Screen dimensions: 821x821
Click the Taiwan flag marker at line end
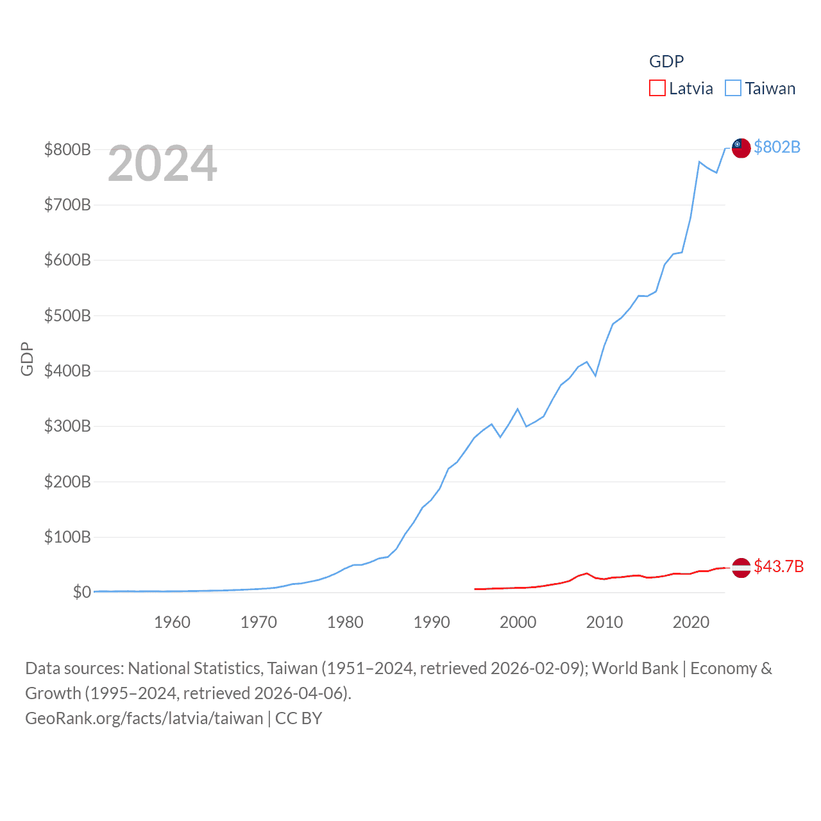tap(741, 148)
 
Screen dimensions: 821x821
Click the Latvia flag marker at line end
tap(741, 568)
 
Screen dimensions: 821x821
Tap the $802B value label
tap(777, 148)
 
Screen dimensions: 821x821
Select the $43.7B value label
tap(779, 566)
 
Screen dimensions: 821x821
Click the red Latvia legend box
tap(657, 88)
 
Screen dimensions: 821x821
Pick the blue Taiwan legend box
tap(732, 88)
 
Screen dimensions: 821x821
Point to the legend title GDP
tap(666, 62)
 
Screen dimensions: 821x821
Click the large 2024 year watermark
tap(162, 164)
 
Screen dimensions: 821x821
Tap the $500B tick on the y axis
tap(67, 316)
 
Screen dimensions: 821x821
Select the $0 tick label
tap(81, 592)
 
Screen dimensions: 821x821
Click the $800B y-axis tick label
tap(67, 149)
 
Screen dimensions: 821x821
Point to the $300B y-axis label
tap(67, 426)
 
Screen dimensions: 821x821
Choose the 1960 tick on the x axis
tap(172, 622)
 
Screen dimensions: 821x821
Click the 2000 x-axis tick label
tap(518, 622)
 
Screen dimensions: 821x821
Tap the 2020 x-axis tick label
tap(691, 622)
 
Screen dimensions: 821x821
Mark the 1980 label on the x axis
tap(345, 622)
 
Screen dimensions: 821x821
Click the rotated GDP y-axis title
tap(27, 359)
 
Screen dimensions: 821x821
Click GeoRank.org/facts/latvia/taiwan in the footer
tap(144, 718)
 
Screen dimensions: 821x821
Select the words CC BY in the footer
tap(298, 718)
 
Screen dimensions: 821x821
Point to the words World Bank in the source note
tap(635, 668)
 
